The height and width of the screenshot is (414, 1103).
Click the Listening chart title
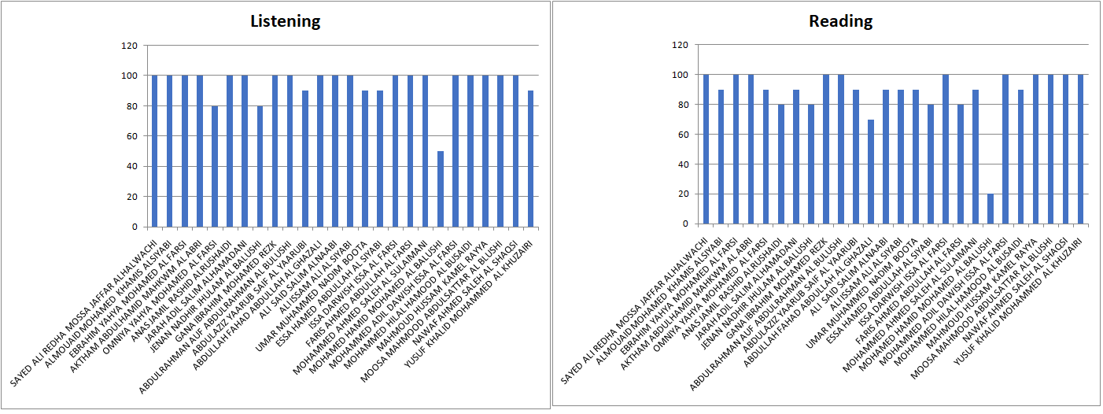tap(285, 21)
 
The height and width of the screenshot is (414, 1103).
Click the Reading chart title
tap(840, 21)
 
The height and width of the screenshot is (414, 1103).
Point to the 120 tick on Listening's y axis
tap(128, 46)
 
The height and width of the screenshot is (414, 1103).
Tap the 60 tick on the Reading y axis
tap(683, 135)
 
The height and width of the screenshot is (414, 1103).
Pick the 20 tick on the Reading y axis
tap(683, 194)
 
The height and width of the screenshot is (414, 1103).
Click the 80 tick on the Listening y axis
tap(131, 106)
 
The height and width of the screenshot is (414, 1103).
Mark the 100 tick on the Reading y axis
tap(681, 75)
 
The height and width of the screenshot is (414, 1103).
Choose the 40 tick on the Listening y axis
tap(131, 166)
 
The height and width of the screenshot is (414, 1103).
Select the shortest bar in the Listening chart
tap(441, 189)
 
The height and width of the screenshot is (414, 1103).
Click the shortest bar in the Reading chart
tap(990, 209)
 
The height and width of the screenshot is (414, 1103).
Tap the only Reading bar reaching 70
tap(870, 172)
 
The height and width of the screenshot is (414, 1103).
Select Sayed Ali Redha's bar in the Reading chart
tap(706, 150)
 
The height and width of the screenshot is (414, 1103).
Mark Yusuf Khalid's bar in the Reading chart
tap(1081, 150)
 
